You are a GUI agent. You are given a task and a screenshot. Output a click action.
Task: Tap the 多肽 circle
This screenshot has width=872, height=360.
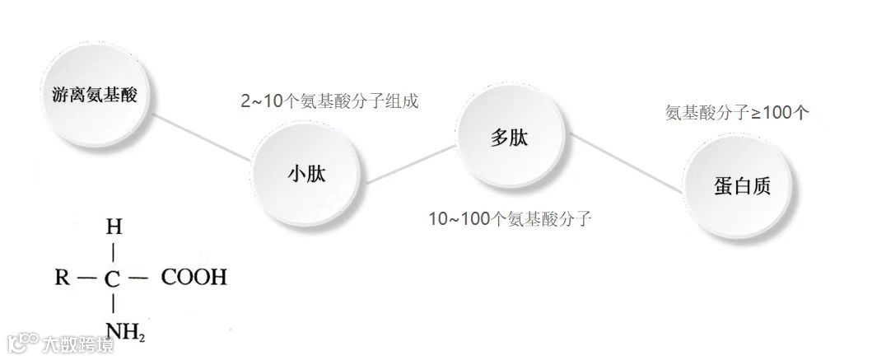[x=510, y=138]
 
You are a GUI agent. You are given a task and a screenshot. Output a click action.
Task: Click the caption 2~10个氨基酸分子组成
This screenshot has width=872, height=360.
[x=329, y=101]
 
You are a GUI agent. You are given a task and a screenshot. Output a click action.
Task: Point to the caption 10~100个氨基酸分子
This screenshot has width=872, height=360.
[x=511, y=219]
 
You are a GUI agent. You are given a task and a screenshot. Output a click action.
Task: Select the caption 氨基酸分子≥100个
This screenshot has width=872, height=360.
[x=736, y=113]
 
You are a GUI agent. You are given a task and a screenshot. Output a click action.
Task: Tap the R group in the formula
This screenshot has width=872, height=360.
[x=62, y=278]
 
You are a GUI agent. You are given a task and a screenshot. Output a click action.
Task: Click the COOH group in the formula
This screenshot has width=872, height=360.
[x=194, y=278]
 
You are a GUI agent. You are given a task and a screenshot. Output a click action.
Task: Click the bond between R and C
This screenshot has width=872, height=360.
[x=86, y=278]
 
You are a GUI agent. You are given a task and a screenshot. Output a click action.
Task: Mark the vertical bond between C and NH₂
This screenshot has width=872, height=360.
[x=113, y=305]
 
